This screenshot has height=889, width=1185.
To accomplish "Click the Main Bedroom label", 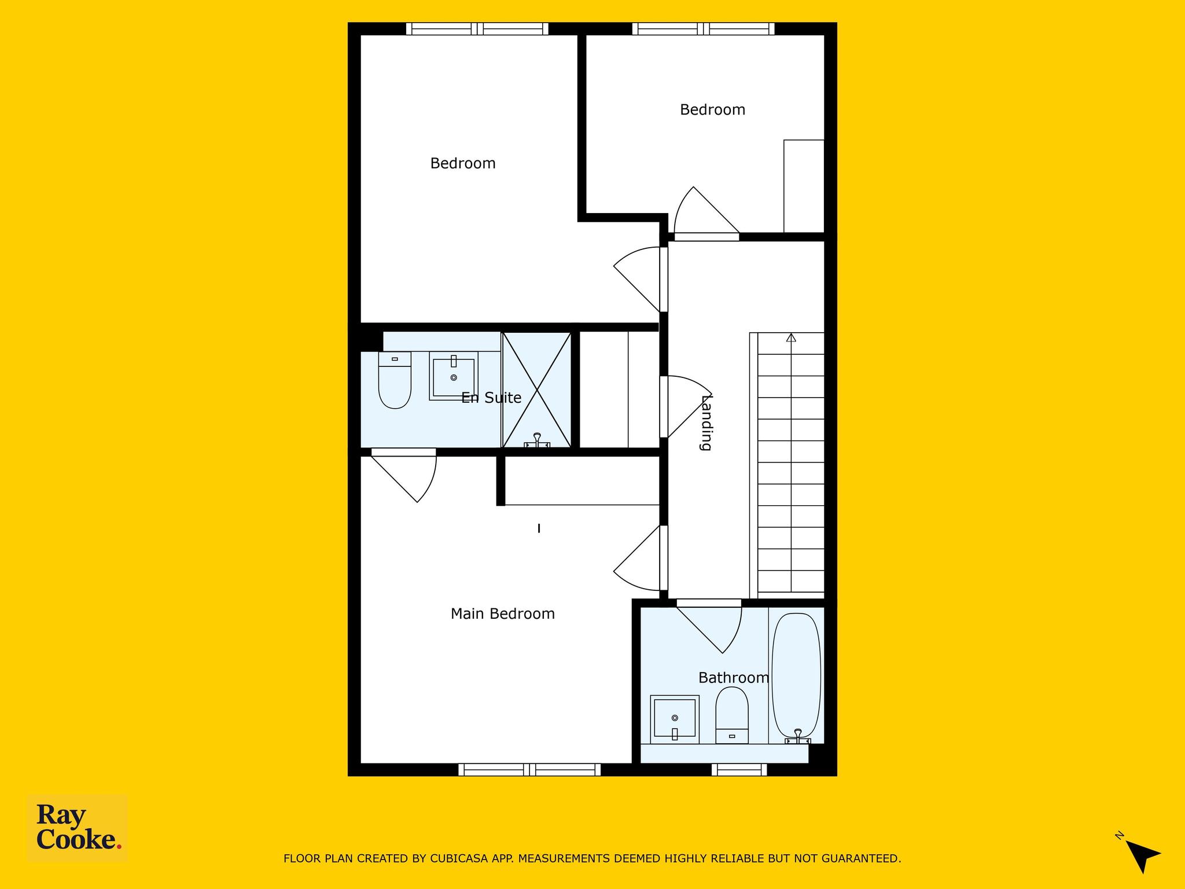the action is [502, 614].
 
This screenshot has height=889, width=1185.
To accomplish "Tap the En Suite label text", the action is [491, 398].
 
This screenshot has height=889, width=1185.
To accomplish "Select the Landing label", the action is [706, 423].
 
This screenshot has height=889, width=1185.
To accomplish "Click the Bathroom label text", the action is [734, 678].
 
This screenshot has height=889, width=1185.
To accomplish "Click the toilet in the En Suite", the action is [395, 380].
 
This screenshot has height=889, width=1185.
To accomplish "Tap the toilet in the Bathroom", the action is [732, 715].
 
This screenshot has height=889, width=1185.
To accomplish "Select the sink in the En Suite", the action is [454, 376].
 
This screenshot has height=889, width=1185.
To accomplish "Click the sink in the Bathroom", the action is [675, 719].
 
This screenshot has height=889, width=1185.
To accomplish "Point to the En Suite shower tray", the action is [537, 390].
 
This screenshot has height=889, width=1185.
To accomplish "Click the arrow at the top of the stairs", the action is [791, 337].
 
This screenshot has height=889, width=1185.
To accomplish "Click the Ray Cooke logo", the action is [78, 829].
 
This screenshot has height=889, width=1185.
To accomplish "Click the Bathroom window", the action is [739, 770].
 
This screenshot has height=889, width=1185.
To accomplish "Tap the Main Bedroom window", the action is [529, 770].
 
